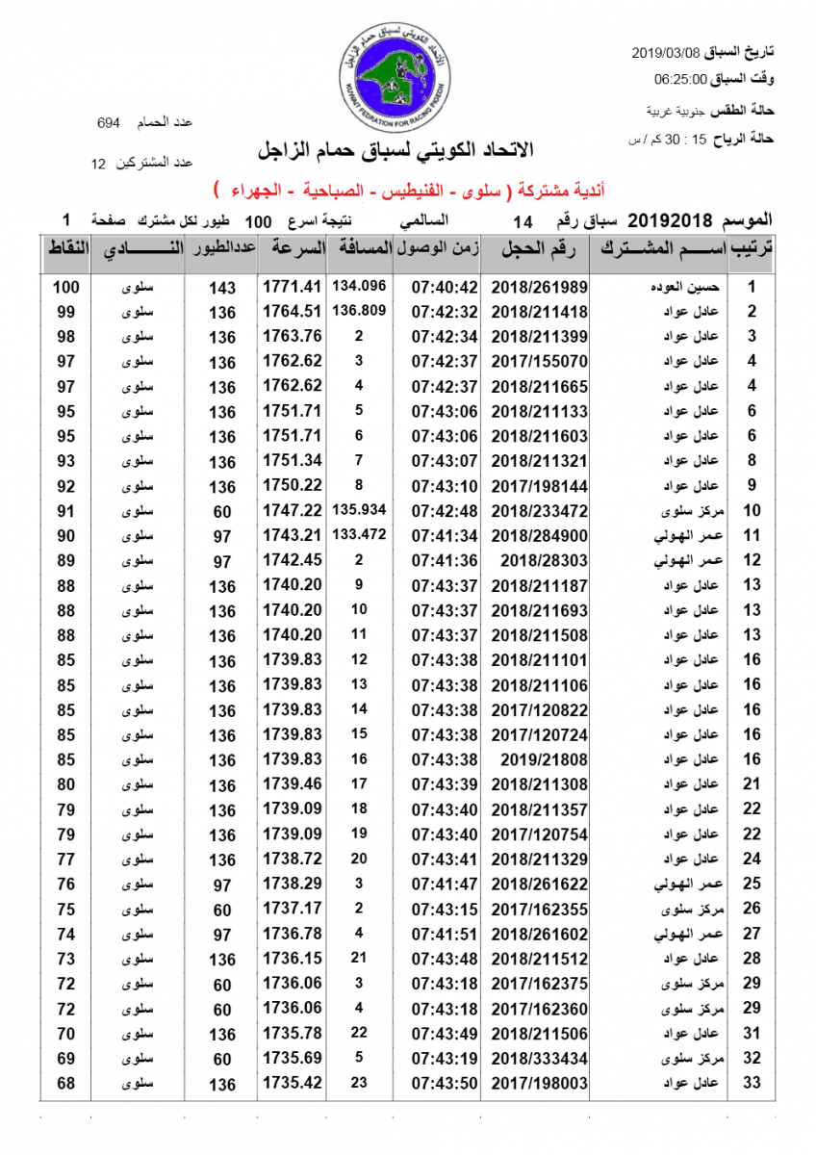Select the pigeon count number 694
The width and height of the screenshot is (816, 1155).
pos(109,123)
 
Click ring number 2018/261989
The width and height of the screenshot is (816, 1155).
pos(539,287)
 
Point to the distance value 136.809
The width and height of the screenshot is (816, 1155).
pos(359,311)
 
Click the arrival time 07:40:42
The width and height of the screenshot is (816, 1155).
pos(445,287)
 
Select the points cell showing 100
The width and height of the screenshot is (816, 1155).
pos(66,287)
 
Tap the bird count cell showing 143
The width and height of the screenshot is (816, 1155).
pos(222,288)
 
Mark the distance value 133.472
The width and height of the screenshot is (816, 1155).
pos(359,533)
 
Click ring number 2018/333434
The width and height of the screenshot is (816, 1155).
pos(539,1059)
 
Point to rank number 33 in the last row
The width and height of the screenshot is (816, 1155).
pos(752,1084)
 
